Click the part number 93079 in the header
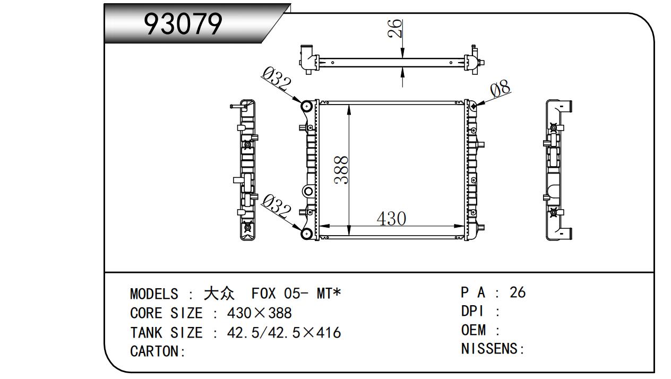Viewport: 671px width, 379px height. (183, 24)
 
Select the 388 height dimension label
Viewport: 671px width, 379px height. (341, 169)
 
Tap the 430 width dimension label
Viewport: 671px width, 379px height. (391, 218)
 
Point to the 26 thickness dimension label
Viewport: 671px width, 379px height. (394, 28)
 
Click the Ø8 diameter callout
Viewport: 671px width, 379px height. (501, 88)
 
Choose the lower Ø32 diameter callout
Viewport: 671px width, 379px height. (276, 206)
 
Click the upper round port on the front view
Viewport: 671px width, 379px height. (307, 106)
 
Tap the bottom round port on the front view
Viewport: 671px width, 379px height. (307, 234)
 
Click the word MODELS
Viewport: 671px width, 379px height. (154, 294)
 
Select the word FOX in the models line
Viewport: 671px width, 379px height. (264, 294)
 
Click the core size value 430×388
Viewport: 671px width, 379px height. (259, 313)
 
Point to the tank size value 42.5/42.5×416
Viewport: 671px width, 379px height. (283, 333)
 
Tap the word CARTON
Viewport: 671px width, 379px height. (154, 351)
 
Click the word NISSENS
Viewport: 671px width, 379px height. (489, 349)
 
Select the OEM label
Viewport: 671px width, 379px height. (474, 330)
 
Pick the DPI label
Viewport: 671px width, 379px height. (472, 311)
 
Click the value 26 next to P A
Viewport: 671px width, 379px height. (518, 292)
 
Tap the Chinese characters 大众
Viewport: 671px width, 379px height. (219, 294)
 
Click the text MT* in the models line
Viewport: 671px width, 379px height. (329, 294)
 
